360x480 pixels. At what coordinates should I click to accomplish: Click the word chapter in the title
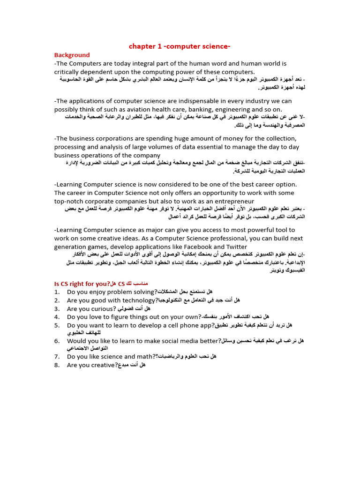point(142,46)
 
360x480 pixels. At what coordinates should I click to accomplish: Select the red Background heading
point(72,55)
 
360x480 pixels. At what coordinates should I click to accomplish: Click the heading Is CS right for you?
point(82,284)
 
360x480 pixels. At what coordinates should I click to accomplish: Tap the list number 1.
point(56,292)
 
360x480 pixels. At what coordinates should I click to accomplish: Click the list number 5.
point(56,325)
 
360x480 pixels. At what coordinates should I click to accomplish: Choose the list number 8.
point(56,365)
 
